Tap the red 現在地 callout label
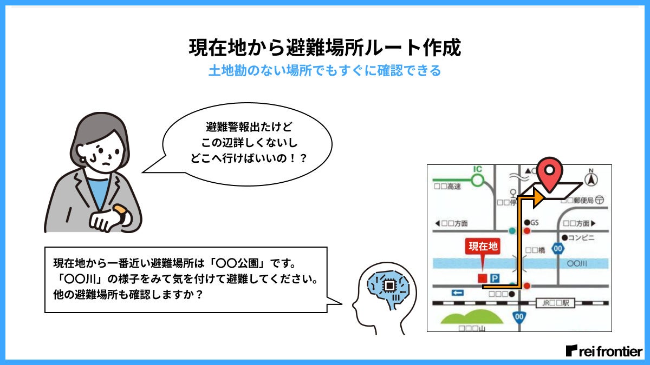(483, 247)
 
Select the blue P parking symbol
(494, 278)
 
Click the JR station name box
(555, 303)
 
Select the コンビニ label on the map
(581, 237)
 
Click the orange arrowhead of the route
(538, 198)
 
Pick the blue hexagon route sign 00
(558, 248)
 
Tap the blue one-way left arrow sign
(458, 293)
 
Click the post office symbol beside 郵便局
(599, 200)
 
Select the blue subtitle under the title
(324, 71)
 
